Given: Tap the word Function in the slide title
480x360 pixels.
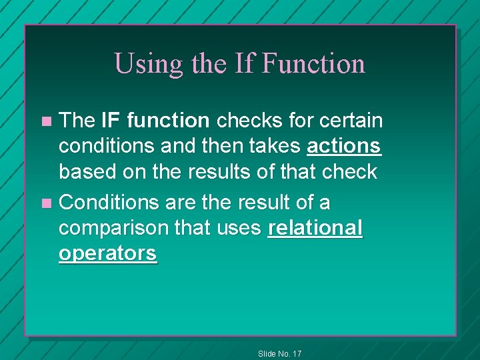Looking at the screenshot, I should click(313, 64).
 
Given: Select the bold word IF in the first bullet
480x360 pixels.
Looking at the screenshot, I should click(110, 121).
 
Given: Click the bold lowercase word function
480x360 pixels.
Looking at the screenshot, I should click(168, 121).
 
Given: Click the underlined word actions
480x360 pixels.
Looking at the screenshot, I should click(344, 146).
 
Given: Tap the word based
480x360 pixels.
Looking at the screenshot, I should click(85, 172).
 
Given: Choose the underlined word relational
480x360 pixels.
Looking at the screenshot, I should click(315, 228).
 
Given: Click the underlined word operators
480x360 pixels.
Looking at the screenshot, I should click(108, 254).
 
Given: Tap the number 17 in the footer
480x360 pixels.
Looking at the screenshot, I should click(296, 353).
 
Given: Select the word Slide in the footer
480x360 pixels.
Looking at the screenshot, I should click(267, 353).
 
